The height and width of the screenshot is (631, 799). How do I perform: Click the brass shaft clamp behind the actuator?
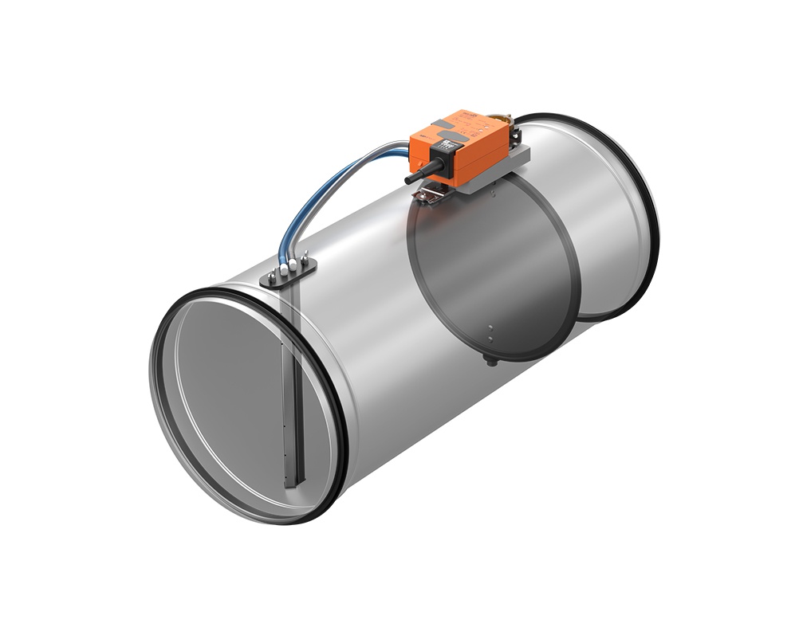[502, 117]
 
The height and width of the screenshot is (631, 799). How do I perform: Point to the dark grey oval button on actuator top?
[461, 124]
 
